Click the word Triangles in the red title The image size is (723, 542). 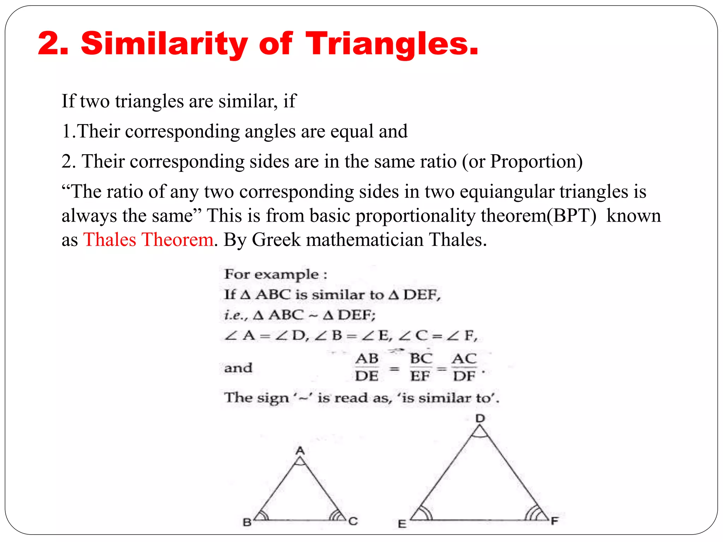pos(392,44)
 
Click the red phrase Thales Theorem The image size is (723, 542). pos(148,240)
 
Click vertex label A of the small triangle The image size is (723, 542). pos(300,451)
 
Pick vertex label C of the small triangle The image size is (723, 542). pos(353,521)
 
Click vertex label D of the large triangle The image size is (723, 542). pos(480,418)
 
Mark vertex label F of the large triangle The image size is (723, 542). pos(555,521)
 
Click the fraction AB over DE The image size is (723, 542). pos(367,367)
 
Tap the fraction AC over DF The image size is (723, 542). pos(464,367)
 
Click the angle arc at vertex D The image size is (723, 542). pos(480,433)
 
